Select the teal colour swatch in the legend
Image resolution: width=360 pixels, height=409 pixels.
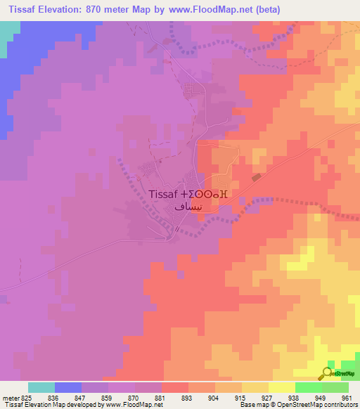point(41,387)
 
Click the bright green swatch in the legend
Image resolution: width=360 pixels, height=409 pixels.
point(308,387)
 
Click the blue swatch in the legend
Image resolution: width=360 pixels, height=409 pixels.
point(68,387)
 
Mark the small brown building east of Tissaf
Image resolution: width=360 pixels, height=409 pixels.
point(256,178)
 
